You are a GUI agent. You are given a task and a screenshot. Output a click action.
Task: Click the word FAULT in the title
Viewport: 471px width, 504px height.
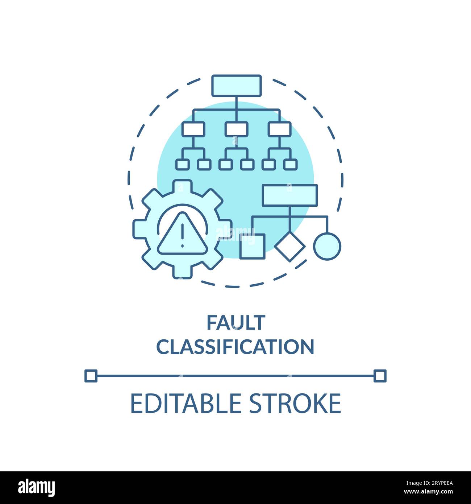[236, 323]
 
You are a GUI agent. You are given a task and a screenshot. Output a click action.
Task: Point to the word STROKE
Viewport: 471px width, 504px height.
[295, 403]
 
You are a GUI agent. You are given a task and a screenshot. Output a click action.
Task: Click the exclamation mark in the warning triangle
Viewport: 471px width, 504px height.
[182, 235]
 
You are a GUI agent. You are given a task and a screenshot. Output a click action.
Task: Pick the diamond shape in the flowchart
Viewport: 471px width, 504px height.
[289, 247]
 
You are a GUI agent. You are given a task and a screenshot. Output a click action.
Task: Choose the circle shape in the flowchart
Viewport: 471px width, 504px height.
[327, 246]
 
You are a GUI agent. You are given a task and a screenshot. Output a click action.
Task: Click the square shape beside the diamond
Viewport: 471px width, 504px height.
[252, 246]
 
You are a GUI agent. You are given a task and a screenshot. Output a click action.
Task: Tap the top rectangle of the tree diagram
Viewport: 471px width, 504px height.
[236, 86]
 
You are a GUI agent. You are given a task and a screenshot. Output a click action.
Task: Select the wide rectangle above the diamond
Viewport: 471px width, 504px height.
[289, 195]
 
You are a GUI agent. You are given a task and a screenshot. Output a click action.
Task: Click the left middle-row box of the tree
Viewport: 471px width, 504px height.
[193, 129]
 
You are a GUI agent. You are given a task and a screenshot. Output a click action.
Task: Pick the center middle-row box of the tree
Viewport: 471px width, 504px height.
[236, 129]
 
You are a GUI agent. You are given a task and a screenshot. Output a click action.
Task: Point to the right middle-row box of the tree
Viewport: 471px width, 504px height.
[279, 129]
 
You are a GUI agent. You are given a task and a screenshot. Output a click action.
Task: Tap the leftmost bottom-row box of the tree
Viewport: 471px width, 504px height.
[182, 164]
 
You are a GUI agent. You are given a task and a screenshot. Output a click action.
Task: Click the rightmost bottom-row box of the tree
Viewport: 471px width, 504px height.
[290, 164]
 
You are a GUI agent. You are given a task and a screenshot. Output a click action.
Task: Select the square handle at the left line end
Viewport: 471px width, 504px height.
[91, 376]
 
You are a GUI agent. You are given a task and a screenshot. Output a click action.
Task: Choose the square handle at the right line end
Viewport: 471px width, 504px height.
[380, 376]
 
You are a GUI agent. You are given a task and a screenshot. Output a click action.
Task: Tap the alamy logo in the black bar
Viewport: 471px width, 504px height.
[37, 488]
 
